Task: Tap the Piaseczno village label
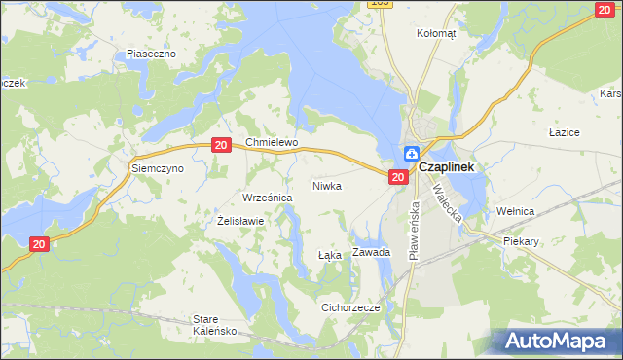coord(151,54)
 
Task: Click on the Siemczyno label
coord(158,168)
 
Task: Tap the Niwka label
coord(327,185)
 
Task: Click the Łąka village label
coord(330,255)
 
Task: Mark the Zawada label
coord(371,252)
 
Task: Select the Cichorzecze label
coord(350,307)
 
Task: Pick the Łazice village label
coord(565,131)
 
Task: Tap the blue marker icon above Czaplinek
coord(412,154)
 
